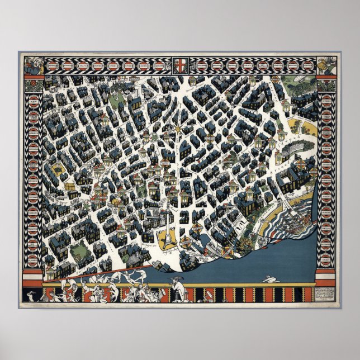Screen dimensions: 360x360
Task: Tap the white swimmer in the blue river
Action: click(272, 278)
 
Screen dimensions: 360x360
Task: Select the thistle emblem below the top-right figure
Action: click(327, 86)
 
